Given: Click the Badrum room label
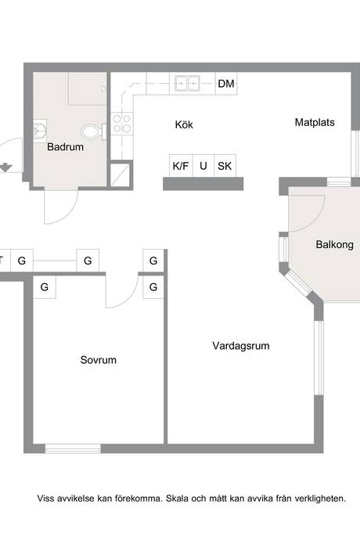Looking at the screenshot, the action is pyautogui.click(x=65, y=147).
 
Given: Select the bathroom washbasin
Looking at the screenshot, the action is pyautogui.click(x=40, y=131).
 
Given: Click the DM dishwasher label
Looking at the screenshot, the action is pyautogui.click(x=226, y=83).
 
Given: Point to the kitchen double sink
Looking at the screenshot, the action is pyautogui.click(x=187, y=83).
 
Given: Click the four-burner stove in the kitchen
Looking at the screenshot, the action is pyautogui.click(x=122, y=124).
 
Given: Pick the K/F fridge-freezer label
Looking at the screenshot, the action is pyautogui.click(x=181, y=166).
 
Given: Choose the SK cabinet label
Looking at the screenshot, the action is pyautogui.click(x=225, y=166).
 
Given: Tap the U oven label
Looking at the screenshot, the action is pyautogui.click(x=203, y=166).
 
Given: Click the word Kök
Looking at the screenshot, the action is pyautogui.click(x=184, y=124).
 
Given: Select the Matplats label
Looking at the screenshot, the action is pyautogui.click(x=315, y=122).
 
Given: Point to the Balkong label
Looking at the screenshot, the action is pyautogui.click(x=334, y=244).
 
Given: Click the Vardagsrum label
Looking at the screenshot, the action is pyautogui.click(x=241, y=345).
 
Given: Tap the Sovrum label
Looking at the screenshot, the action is pyautogui.click(x=98, y=360).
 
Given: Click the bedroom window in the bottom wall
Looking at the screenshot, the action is pyautogui.click(x=73, y=448).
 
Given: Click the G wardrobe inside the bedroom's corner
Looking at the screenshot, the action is pyautogui.click(x=45, y=287).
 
